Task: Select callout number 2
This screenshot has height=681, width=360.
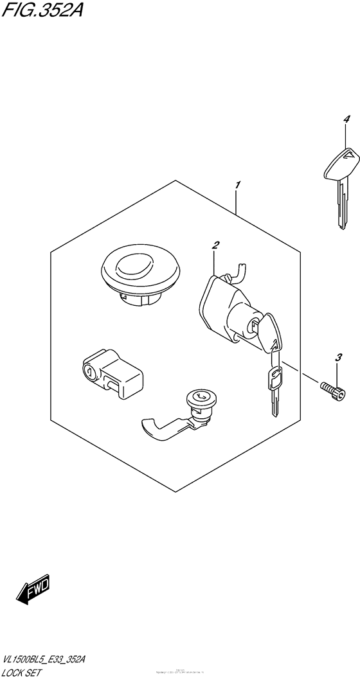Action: (216, 245)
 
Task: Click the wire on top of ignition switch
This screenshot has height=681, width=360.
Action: (237, 272)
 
